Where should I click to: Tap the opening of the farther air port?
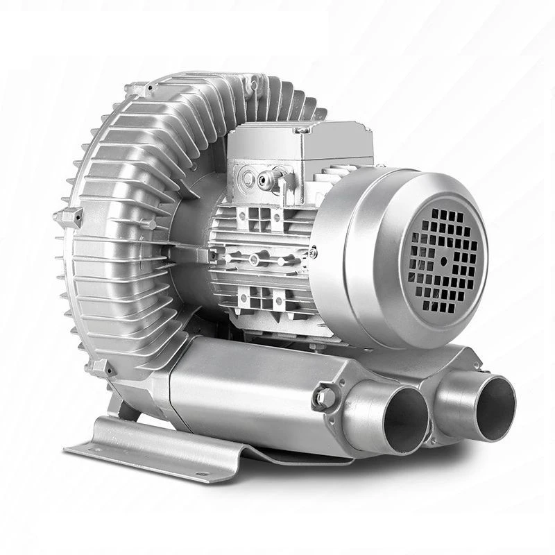point(491,407)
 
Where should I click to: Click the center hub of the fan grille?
point(443,262)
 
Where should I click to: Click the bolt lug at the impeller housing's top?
point(139,89)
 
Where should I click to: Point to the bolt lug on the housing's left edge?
point(69,217)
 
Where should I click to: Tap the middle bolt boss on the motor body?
point(255,259)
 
